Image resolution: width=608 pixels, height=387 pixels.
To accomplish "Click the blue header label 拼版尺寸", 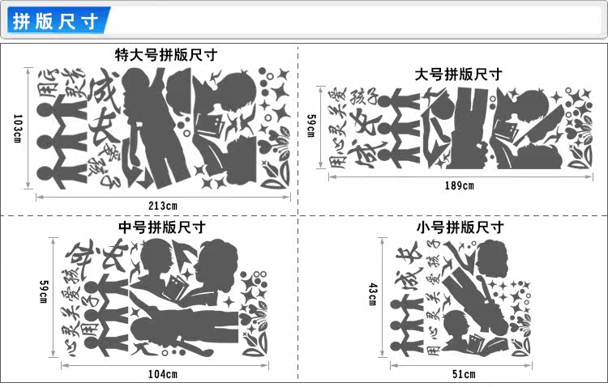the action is pos(54,21).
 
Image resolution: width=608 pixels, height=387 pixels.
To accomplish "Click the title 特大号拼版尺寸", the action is pos(166,56).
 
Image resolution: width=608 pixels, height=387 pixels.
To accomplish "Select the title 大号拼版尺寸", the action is pos(458,74).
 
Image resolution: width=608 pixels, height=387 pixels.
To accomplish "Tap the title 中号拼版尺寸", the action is pos(161,228).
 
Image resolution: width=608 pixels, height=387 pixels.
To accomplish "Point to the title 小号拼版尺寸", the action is pos(460,228).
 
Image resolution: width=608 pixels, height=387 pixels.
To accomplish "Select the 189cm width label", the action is pos(459,185).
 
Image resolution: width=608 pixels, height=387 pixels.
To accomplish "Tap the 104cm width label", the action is pos(162,374).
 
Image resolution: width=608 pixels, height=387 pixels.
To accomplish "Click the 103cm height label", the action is pos(19,128).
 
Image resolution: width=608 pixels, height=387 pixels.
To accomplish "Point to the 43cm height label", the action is pos(372,295).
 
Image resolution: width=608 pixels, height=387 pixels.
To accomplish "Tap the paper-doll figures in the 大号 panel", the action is pos(398,122).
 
